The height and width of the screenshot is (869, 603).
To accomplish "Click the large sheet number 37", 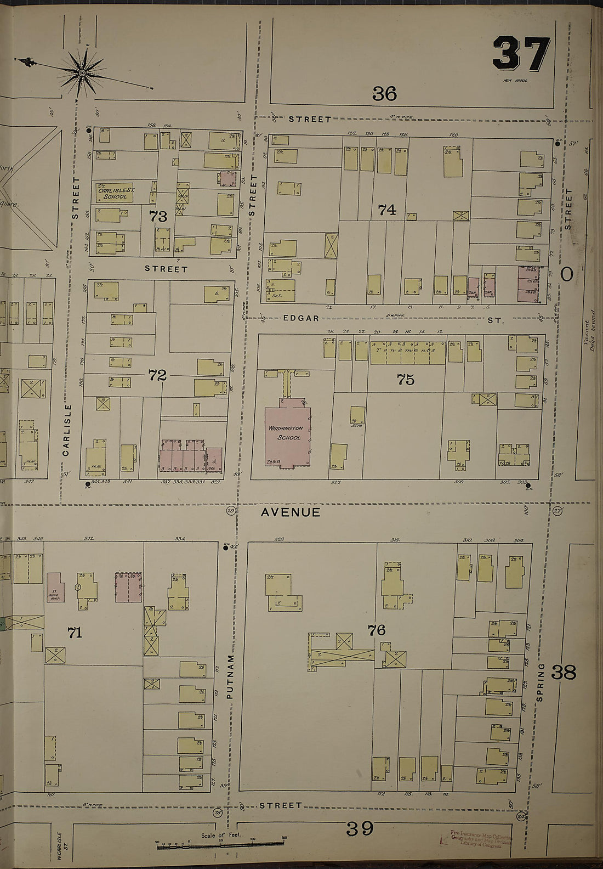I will (521, 54).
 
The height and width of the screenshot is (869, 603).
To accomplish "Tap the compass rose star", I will (82, 72).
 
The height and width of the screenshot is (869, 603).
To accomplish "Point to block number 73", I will (158, 216).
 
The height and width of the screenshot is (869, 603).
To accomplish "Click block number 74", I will (387, 209).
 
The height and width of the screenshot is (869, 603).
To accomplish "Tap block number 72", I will (157, 375).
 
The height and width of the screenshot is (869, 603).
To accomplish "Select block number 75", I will (406, 379).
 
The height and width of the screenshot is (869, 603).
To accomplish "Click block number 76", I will (377, 630).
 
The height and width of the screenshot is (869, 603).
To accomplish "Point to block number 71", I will (75, 633).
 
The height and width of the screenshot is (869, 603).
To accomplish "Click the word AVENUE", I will (290, 512).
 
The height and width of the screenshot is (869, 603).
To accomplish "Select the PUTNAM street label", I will (230, 676).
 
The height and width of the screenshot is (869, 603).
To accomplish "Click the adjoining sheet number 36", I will (384, 94).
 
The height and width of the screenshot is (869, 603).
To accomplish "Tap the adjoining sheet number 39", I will (360, 827).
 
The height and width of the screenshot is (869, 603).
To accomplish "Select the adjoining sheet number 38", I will (564, 672).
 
